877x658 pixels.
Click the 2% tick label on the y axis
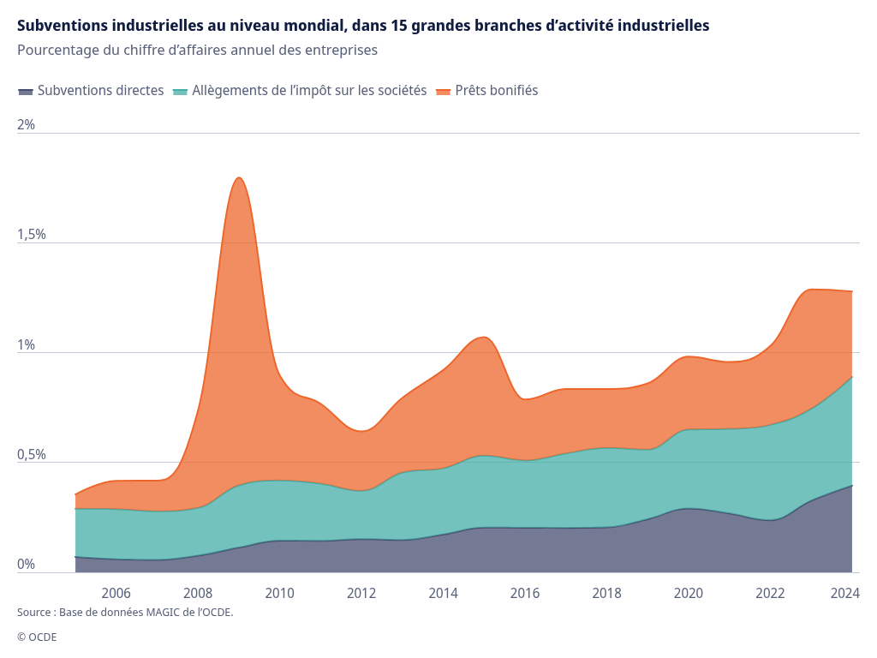(27, 124)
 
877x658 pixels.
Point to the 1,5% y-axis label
(32, 234)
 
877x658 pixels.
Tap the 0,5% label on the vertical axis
(32, 454)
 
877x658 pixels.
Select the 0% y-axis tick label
(27, 564)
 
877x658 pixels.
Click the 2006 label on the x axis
(116, 593)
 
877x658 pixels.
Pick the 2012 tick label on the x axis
(361, 593)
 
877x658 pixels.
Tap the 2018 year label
(607, 593)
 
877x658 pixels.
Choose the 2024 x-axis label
(845, 593)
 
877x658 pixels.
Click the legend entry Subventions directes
(101, 90)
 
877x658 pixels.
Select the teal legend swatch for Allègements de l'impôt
(180, 91)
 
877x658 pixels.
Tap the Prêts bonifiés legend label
(497, 90)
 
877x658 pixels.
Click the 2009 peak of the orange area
(240, 178)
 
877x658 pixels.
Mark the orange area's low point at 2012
(362, 431)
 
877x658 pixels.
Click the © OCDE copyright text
(37, 637)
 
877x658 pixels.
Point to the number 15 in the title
(398, 26)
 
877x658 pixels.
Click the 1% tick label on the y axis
(27, 344)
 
